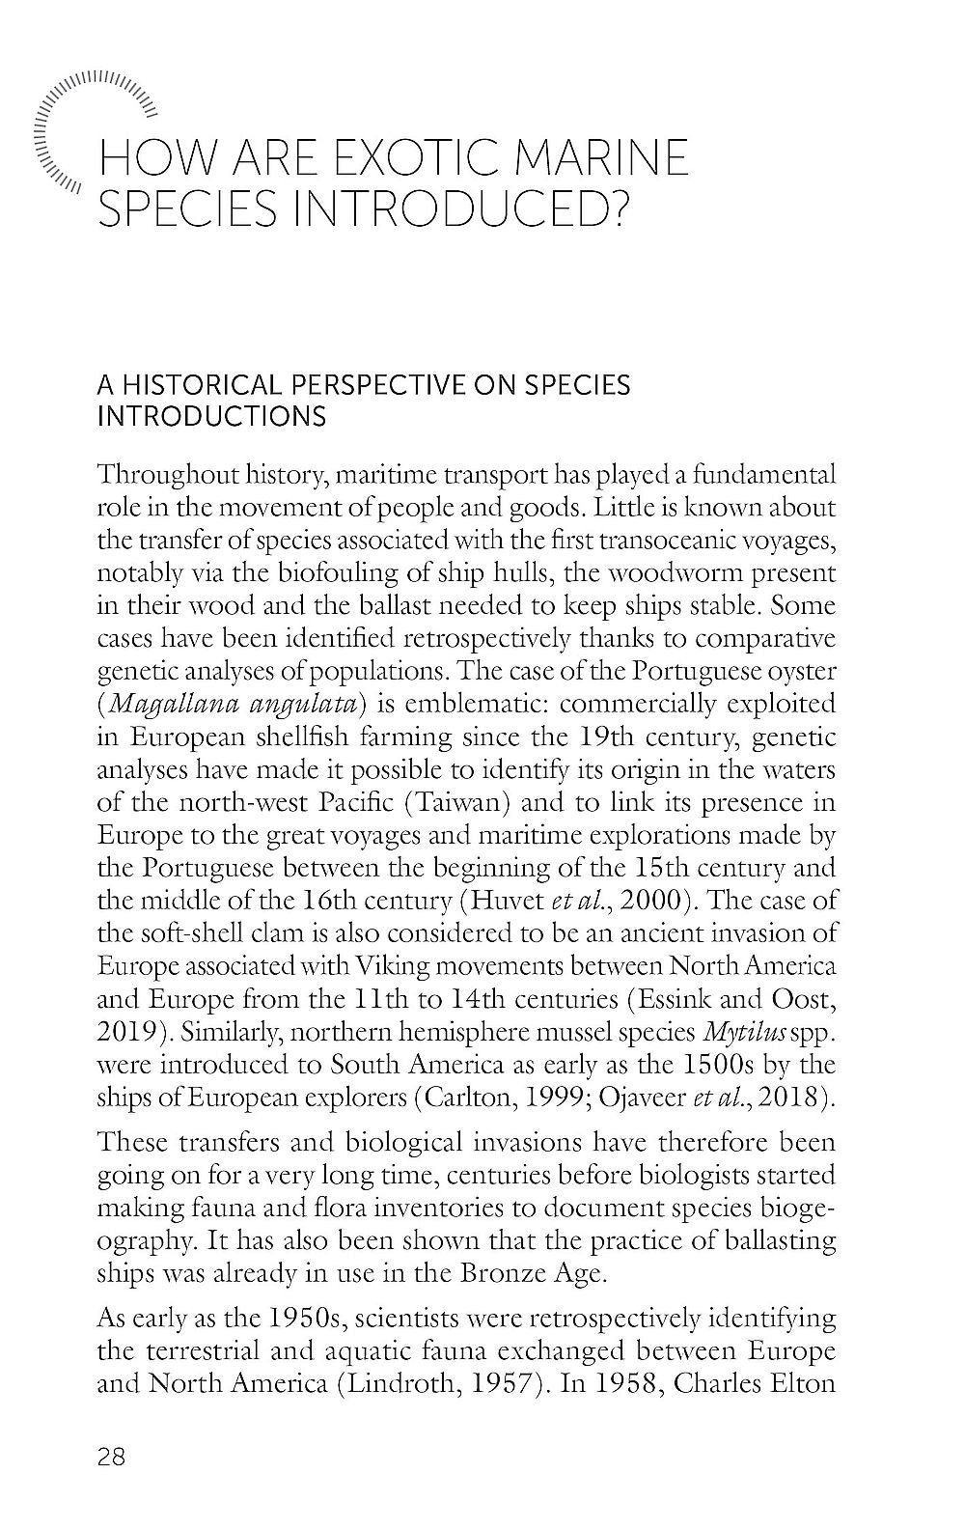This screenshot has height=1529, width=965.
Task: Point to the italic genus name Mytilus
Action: click(x=738, y=1033)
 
